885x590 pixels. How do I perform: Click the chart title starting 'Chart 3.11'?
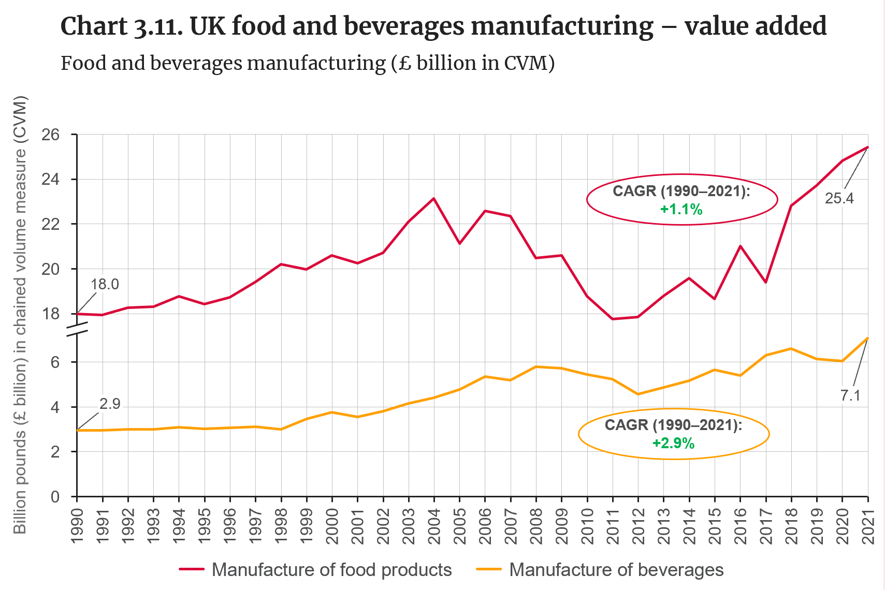[x=443, y=26]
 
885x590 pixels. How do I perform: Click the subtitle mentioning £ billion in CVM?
[x=308, y=63]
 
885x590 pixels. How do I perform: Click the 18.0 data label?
[x=105, y=284]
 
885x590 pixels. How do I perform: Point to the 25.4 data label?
[x=839, y=198]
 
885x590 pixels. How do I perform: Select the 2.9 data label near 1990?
[x=110, y=404]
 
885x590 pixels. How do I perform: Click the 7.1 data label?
[x=850, y=395]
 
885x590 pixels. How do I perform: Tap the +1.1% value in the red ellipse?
[x=681, y=209]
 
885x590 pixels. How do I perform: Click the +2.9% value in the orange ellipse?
[x=673, y=443]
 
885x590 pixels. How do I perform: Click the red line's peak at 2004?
[x=433, y=198]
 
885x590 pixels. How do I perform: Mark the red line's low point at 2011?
[x=613, y=319]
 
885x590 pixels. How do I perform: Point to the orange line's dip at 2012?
[x=638, y=394]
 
